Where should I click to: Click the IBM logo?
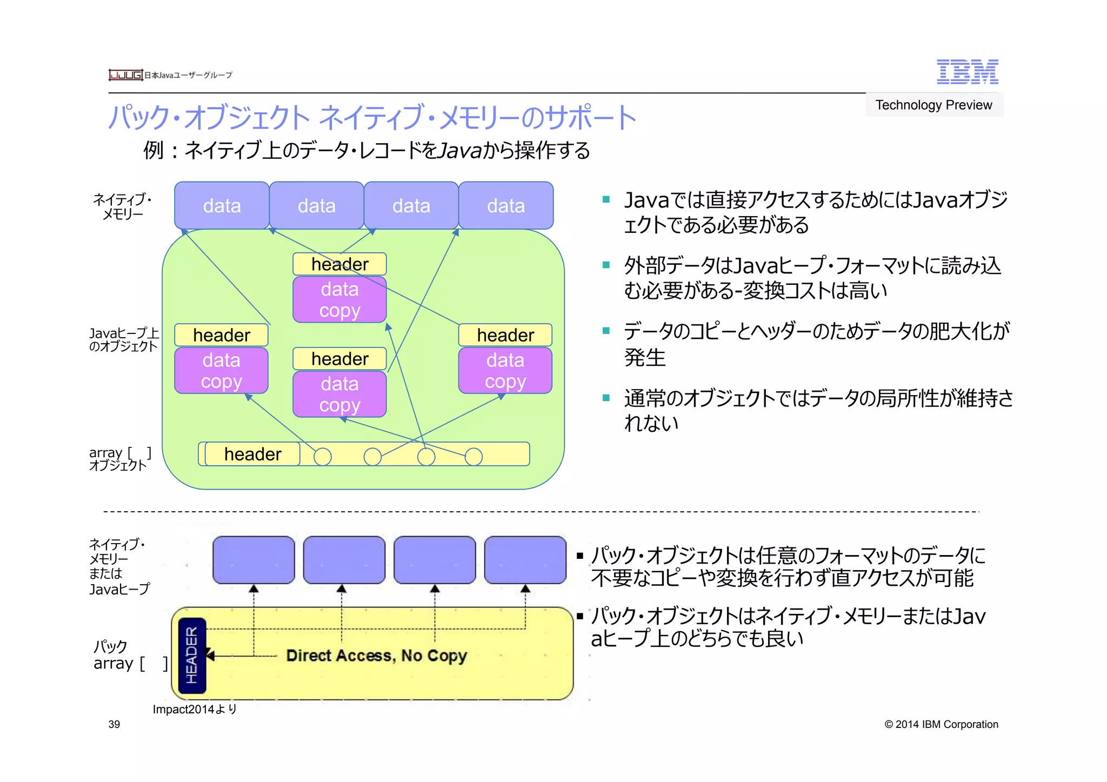pos(967,72)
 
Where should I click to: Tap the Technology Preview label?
pos(933,105)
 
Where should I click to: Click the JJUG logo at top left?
pos(125,75)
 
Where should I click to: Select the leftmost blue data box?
pos(222,205)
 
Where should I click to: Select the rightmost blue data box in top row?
pos(506,205)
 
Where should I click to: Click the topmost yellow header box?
pos(339,264)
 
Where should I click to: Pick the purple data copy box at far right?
pos(505,370)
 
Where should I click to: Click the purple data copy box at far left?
pos(222,370)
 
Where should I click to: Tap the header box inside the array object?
pos(252,454)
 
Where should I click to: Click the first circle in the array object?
pos(323,457)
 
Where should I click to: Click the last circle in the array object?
pos(474,457)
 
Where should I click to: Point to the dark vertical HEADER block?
pos(192,655)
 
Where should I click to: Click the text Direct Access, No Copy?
pos(376,656)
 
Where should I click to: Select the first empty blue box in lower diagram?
pos(254,560)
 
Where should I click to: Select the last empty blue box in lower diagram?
pos(525,560)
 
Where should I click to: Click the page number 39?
pos(114,724)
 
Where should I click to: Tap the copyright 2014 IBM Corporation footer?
pos(941,724)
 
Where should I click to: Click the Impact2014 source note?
pos(195,709)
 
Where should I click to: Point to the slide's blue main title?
pos(372,117)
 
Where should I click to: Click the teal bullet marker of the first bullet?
pos(606,199)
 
